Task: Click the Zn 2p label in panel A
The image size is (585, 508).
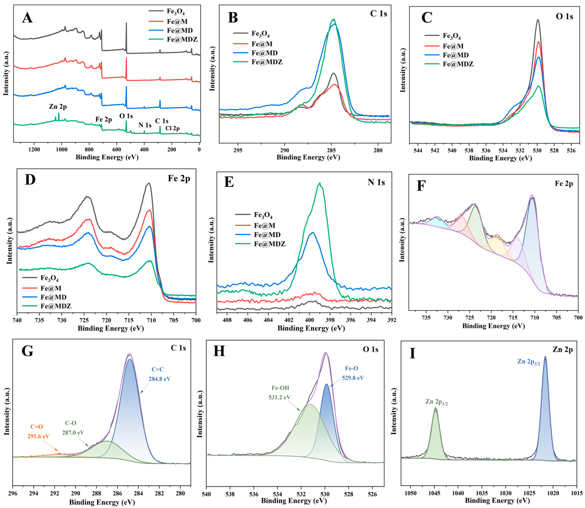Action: click(58, 107)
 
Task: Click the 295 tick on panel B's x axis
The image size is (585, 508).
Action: click(238, 150)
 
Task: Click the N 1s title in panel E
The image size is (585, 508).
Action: click(376, 182)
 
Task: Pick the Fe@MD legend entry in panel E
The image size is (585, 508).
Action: click(267, 235)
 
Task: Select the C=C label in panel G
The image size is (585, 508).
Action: click(158, 369)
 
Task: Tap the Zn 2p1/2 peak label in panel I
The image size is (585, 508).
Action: click(436, 402)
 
